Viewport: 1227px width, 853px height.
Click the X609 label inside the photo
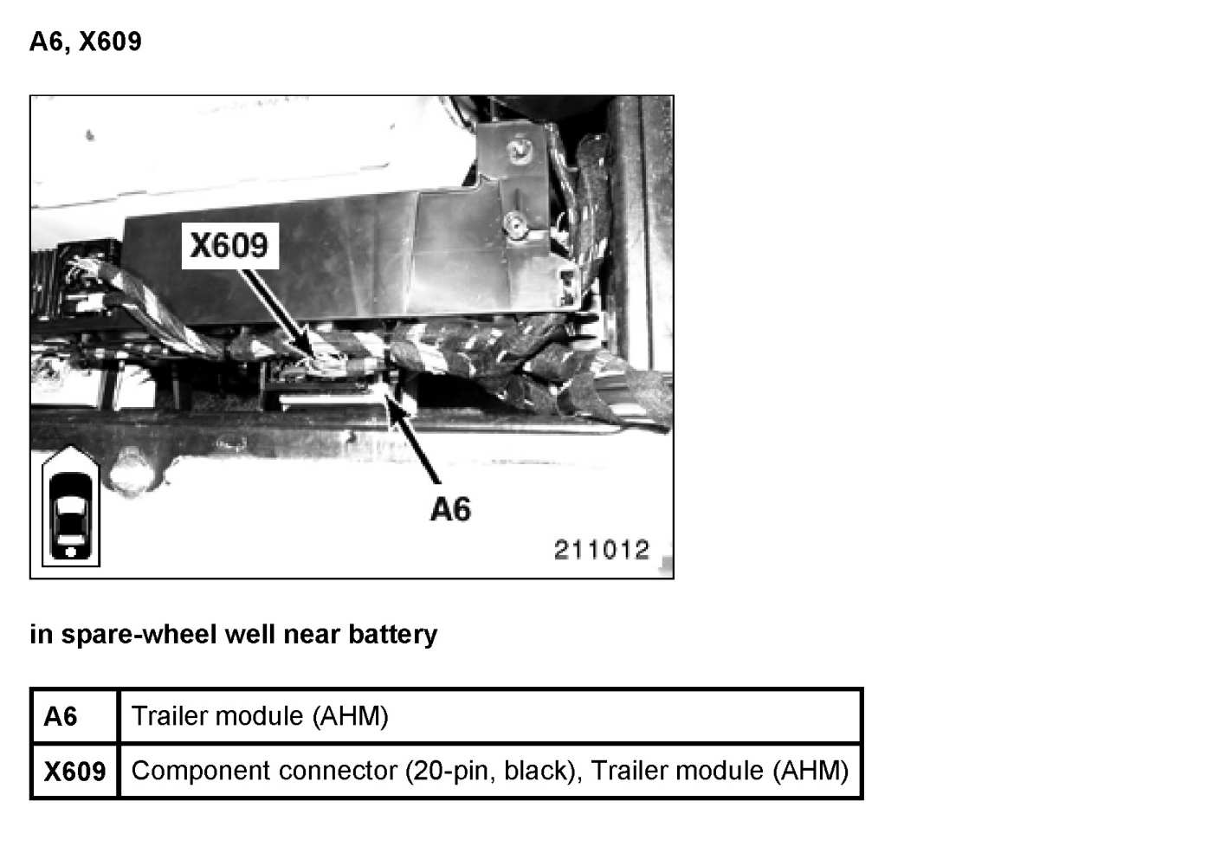229,246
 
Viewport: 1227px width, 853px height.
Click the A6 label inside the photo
450,509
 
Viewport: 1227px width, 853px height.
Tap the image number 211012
601,549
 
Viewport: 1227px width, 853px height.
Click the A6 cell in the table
61,716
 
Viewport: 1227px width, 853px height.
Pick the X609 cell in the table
74,771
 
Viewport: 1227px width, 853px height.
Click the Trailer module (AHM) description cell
260,716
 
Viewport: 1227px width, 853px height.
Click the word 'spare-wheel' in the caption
139,635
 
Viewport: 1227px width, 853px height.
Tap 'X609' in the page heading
110,42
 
